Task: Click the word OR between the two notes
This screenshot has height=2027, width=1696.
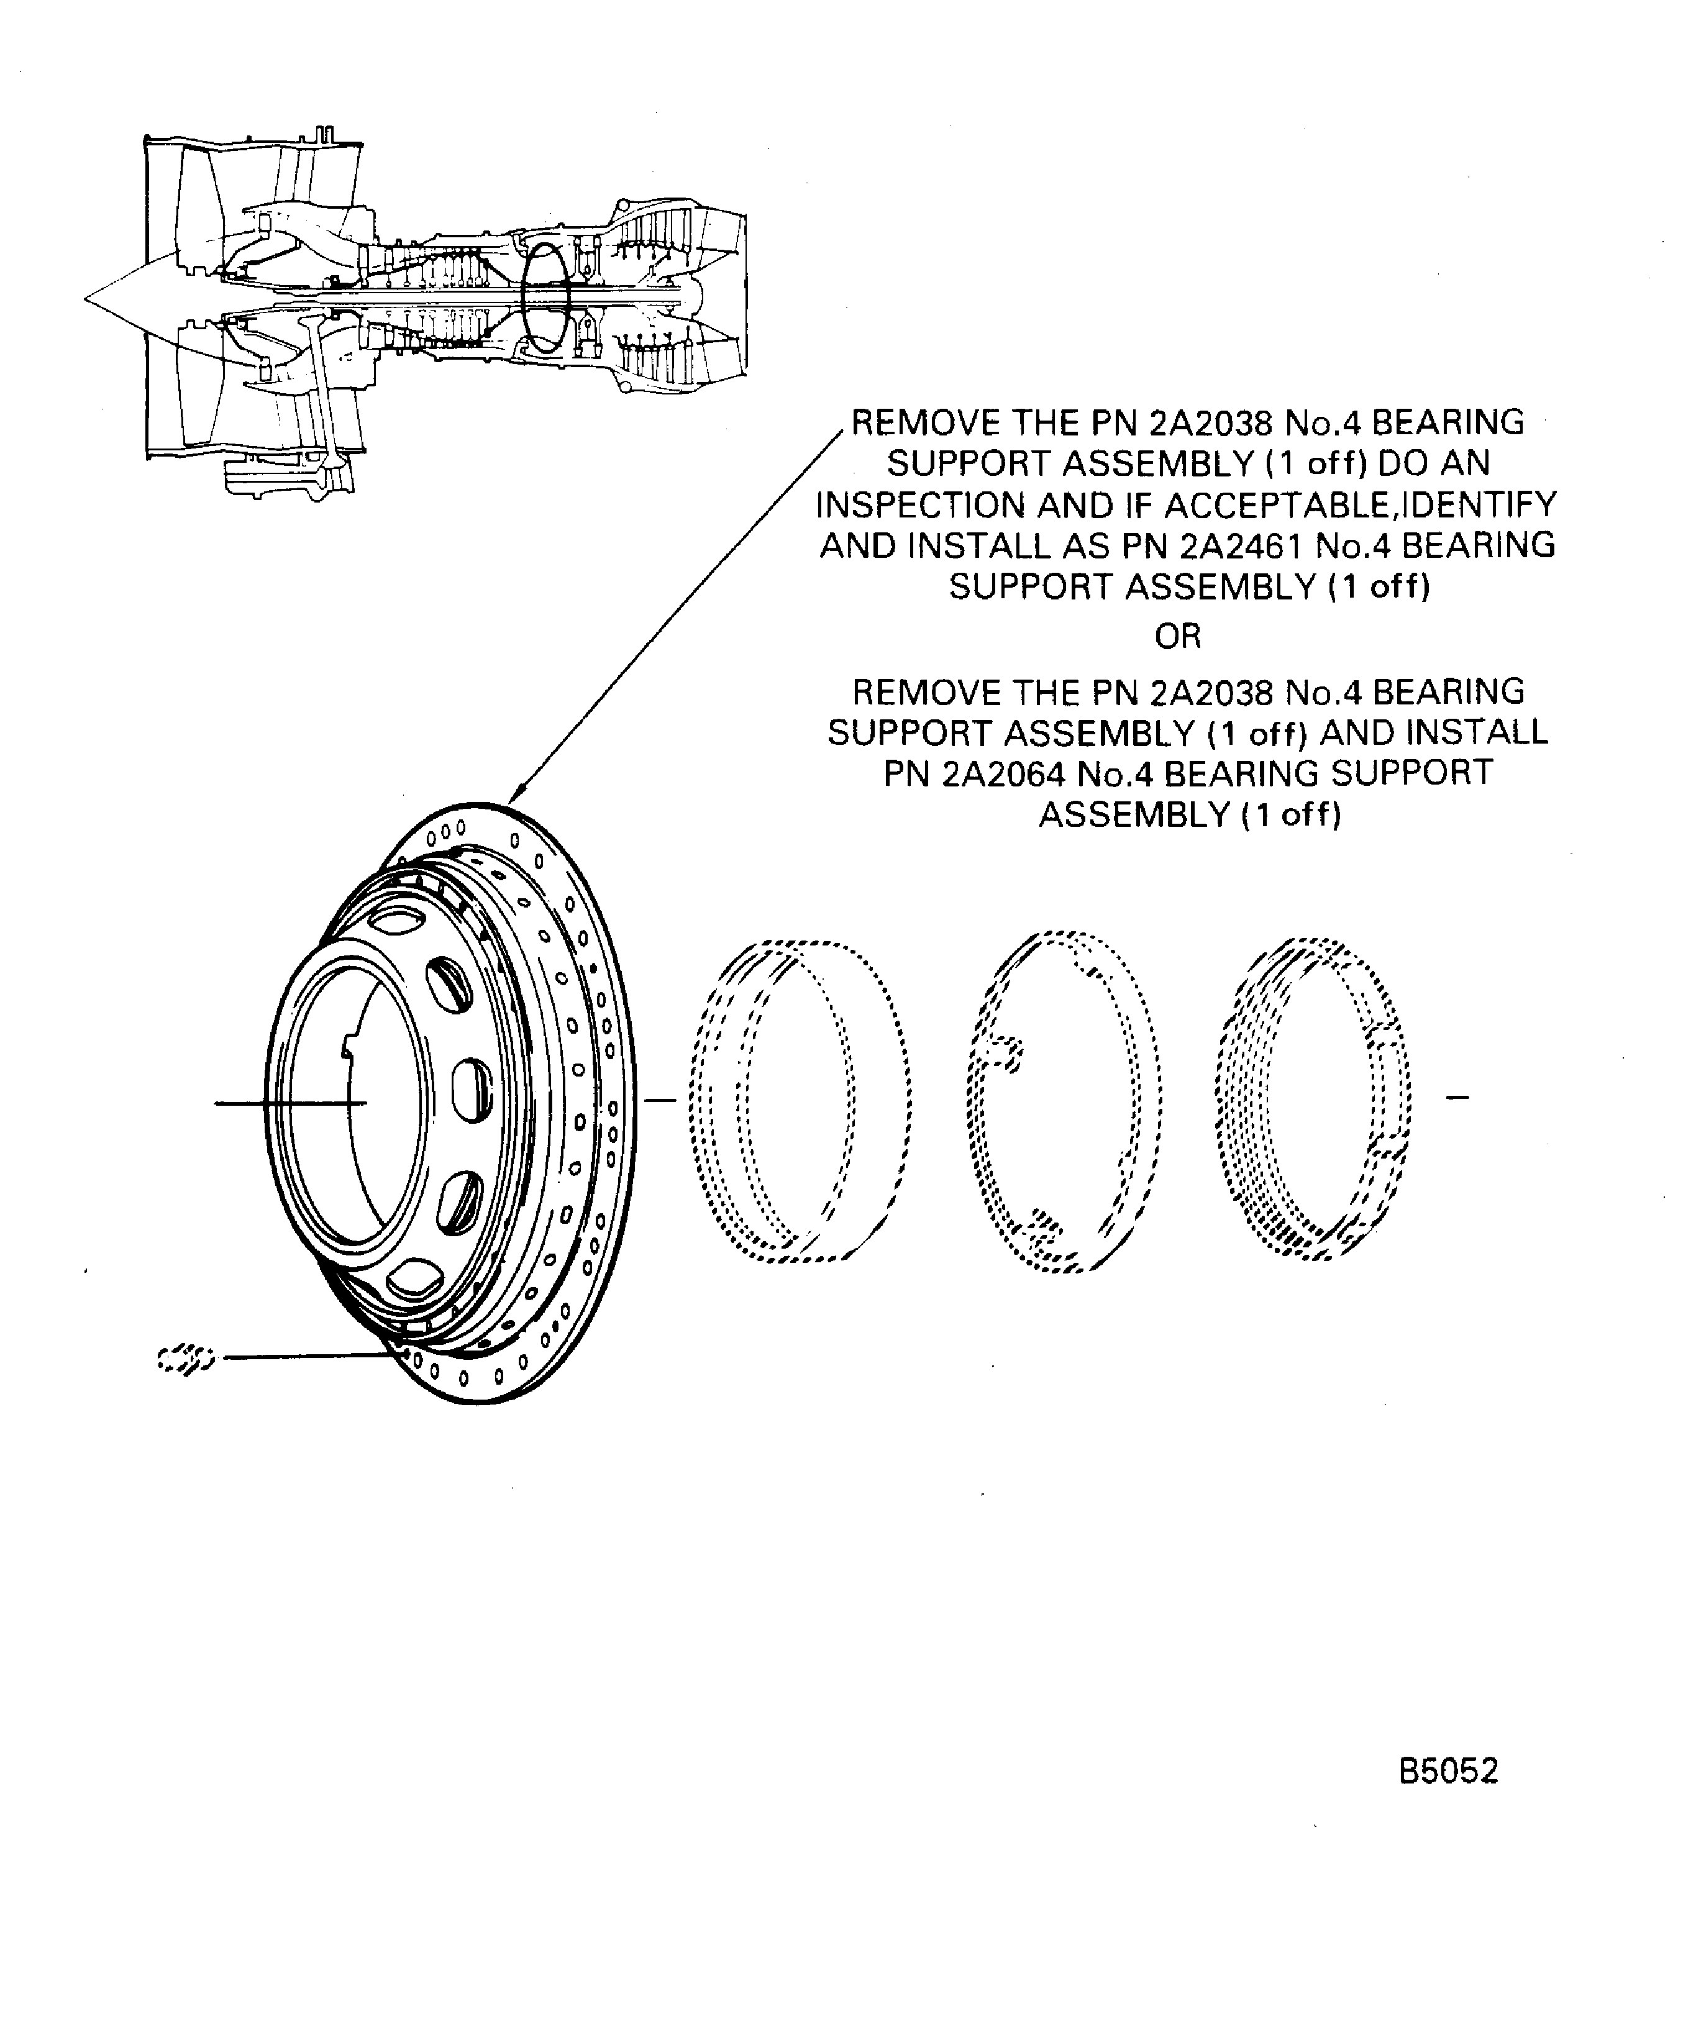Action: point(1178,637)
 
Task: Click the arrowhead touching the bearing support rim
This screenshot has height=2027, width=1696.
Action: point(514,793)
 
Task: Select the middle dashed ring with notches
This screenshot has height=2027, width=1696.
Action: point(1062,1100)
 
